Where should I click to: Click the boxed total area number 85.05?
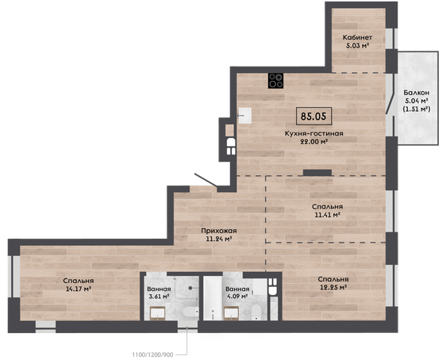(313, 117)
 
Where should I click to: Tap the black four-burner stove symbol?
(275, 81)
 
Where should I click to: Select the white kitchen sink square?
(244, 116)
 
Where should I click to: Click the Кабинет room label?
(357, 37)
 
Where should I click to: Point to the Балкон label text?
(417, 93)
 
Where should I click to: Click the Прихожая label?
(219, 231)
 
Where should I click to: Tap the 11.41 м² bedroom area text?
(327, 215)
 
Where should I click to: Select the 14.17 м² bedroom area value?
(79, 289)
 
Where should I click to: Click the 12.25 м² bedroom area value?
(333, 288)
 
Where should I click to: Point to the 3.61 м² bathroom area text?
(159, 297)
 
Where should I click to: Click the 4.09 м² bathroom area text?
(236, 297)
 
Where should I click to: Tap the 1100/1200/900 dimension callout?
(152, 354)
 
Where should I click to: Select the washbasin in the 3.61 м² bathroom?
(158, 313)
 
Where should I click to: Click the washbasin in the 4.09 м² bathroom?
(231, 313)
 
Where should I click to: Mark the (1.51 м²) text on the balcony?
(417, 109)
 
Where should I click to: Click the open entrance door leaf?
(206, 180)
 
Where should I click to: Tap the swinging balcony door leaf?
(390, 104)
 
